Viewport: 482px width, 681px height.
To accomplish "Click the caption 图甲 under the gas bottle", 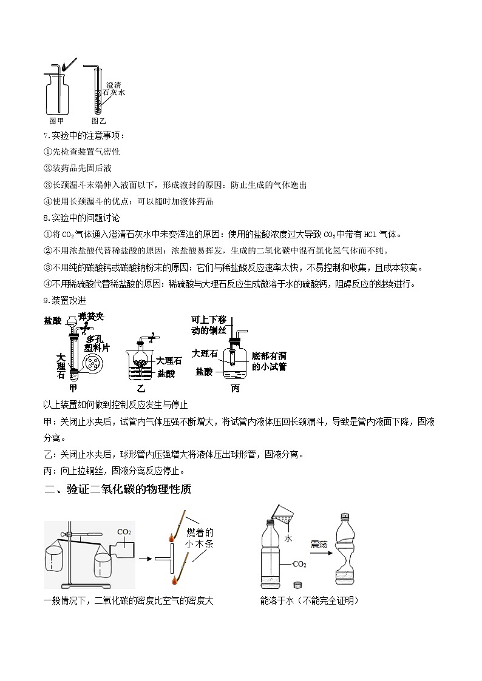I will coord(56,121).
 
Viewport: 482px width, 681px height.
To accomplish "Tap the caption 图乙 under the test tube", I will coord(98,121).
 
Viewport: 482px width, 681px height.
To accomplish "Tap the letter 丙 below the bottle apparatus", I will coord(235,389).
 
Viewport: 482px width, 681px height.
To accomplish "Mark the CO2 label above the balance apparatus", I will coord(124,532).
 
